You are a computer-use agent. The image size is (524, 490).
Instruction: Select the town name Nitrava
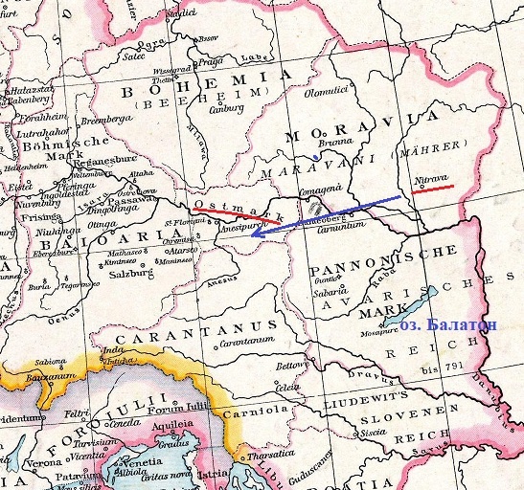coord(430,178)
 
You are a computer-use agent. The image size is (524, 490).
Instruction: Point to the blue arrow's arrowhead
coord(252,233)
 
